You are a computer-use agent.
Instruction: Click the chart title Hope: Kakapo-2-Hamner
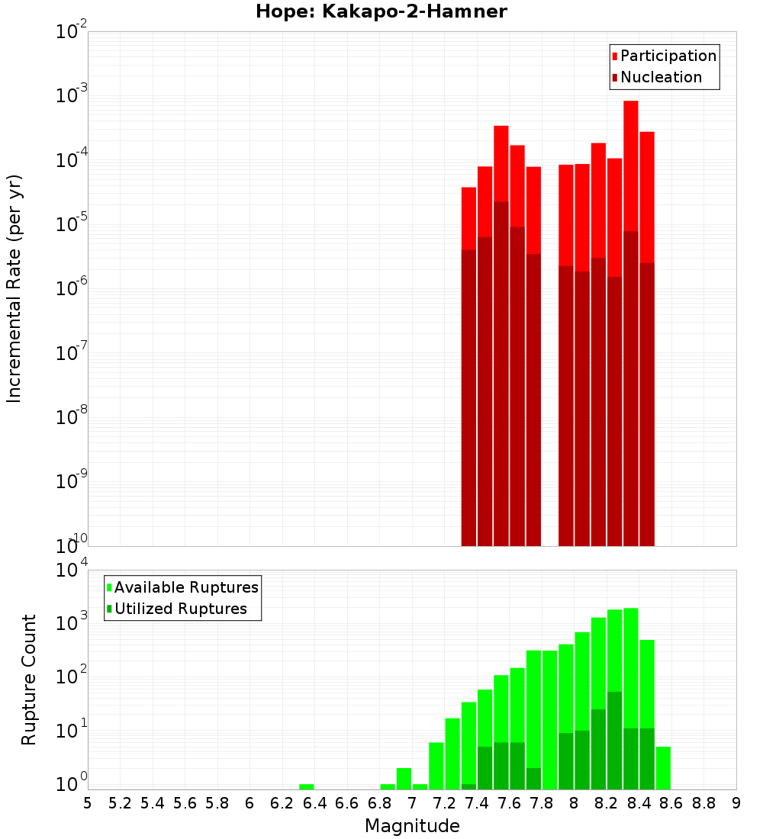[x=381, y=11]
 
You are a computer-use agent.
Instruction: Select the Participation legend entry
[x=668, y=56]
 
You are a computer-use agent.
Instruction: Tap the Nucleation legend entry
[x=661, y=77]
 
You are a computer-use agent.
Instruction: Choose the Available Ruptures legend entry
[x=186, y=587]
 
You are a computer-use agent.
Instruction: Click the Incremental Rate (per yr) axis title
[x=14, y=288]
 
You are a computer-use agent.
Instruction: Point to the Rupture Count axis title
[x=28, y=679]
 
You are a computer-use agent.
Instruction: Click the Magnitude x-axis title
[x=412, y=826]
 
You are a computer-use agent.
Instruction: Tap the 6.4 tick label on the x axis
[x=314, y=803]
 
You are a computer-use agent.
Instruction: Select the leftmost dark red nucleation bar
[x=468, y=397]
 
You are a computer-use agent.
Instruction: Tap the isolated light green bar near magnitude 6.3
[x=307, y=786]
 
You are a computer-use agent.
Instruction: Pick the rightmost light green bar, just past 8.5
[x=663, y=768]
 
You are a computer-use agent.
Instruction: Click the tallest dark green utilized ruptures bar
[x=614, y=740]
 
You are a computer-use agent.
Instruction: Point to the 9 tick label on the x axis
[x=736, y=803]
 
